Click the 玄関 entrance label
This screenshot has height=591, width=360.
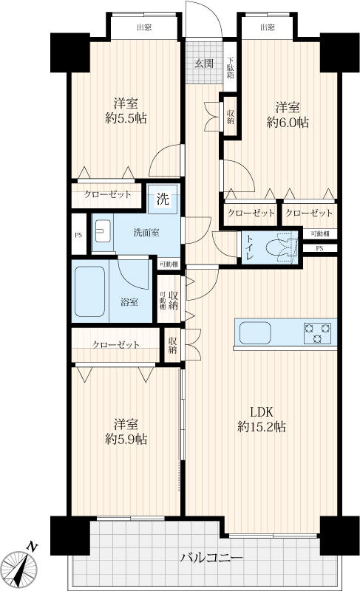click(x=204, y=63)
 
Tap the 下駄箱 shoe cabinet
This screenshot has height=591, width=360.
click(x=231, y=66)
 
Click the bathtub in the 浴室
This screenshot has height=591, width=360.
click(x=89, y=291)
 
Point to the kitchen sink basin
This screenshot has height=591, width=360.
click(x=255, y=333)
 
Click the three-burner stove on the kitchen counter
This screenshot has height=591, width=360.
click(x=317, y=333)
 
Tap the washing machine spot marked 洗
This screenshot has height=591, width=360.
click(x=163, y=199)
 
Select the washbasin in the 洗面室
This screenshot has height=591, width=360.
click(x=103, y=231)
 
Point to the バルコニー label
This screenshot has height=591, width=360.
click(x=211, y=557)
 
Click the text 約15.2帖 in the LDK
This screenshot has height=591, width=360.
click(x=261, y=427)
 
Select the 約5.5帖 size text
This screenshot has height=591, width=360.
click(x=126, y=118)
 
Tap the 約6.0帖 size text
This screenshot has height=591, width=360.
click(x=288, y=122)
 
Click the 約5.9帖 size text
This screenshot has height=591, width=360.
click(x=126, y=439)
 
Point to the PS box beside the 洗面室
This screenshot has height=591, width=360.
click(x=78, y=234)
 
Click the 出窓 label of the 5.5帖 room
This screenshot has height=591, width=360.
click(x=144, y=27)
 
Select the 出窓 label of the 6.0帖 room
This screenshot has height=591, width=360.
click(x=268, y=27)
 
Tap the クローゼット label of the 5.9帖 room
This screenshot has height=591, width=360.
click(x=116, y=344)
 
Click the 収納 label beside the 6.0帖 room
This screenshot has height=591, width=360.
click(x=230, y=117)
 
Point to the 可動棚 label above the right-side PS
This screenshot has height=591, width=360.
click(x=319, y=233)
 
